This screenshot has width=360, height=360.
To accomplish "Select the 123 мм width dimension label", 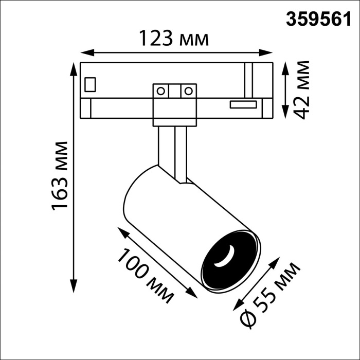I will point(174,39).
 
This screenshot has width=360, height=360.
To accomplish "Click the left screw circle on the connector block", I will point(161,92).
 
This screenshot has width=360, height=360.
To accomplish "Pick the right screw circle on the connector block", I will point(188,92).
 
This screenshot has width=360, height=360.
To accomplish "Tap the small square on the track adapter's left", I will point(91,84).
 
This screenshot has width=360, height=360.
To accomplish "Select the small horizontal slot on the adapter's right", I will point(243,104).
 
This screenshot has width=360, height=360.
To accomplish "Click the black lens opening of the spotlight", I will point(229,260).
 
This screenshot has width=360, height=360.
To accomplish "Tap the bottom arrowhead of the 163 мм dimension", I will point(74,287).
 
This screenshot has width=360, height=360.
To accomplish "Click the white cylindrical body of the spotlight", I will point(170,216).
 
